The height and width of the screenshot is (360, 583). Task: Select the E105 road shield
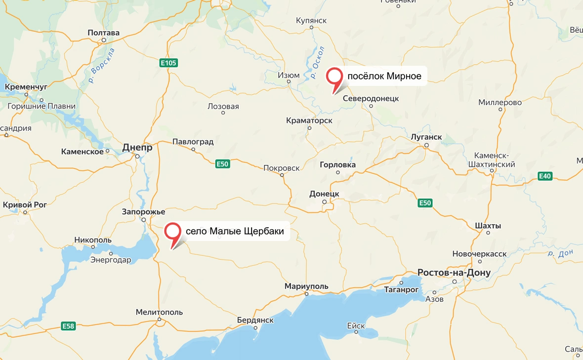(168, 63)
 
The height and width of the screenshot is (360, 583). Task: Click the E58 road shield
(68, 326)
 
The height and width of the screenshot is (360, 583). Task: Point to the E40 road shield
(545, 176)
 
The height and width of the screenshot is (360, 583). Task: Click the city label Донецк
(324, 194)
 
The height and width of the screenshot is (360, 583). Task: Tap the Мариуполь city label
(306, 286)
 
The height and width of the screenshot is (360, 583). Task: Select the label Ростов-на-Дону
(454, 273)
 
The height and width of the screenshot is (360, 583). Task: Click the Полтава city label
(103, 33)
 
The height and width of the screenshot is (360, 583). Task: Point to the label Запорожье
(143, 212)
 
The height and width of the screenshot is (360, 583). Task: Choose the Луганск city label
(426, 137)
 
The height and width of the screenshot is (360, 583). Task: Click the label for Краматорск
(309, 120)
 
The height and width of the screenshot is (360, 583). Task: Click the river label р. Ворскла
(102, 65)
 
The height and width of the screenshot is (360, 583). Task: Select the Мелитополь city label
(159, 312)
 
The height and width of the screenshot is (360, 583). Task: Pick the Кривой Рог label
(25, 204)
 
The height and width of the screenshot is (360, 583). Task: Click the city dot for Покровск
(282, 175)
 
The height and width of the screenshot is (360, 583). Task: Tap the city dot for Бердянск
(255, 327)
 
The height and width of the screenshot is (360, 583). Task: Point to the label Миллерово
(500, 103)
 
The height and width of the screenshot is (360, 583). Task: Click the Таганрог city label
(401, 289)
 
